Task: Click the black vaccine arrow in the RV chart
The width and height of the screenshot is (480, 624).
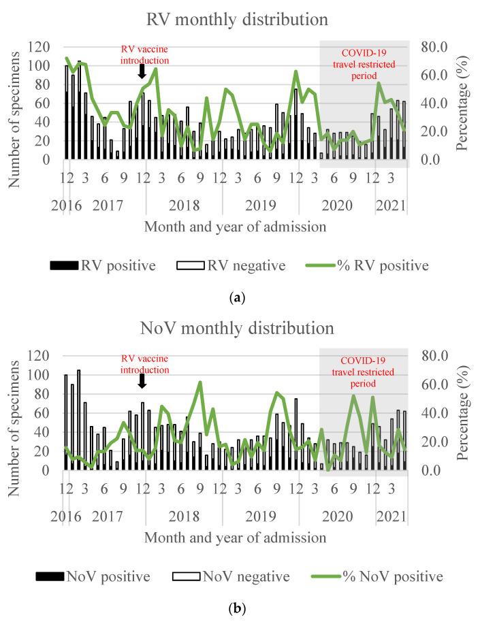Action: (142, 71)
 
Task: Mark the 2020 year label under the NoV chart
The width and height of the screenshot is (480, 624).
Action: (334, 516)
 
